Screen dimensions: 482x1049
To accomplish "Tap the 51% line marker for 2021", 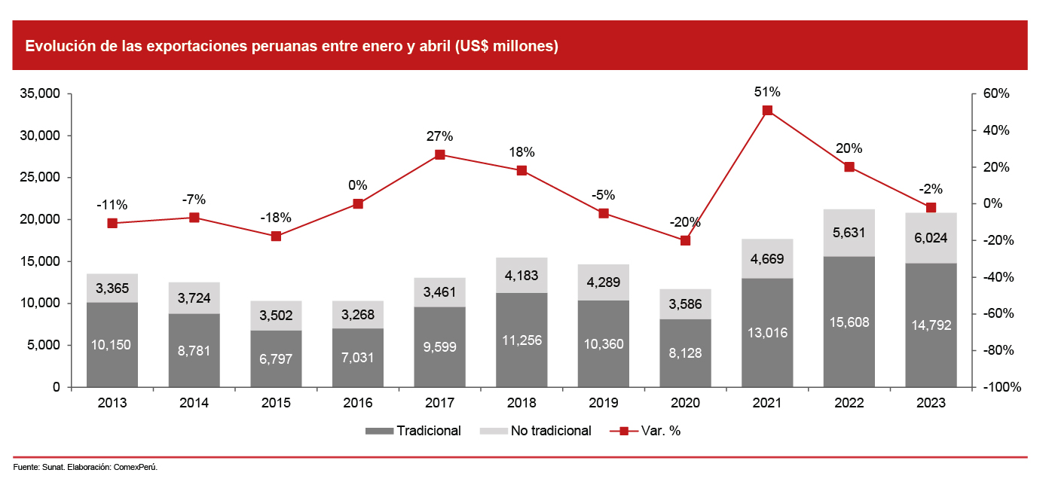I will pyautogui.click(x=767, y=111).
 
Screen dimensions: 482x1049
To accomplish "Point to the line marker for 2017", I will pyautogui.click(x=439, y=155).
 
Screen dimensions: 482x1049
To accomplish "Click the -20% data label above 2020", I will pyautogui.click(x=685, y=222).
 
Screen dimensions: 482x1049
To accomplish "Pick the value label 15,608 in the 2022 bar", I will pyautogui.click(x=849, y=322).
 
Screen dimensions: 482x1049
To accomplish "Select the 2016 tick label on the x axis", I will pyautogui.click(x=358, y=403).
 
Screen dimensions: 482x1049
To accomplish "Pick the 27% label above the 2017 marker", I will pyautogui.click(x=439, y=136).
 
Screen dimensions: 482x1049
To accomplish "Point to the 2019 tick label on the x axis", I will pyautogui.click(x=604, y=403).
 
